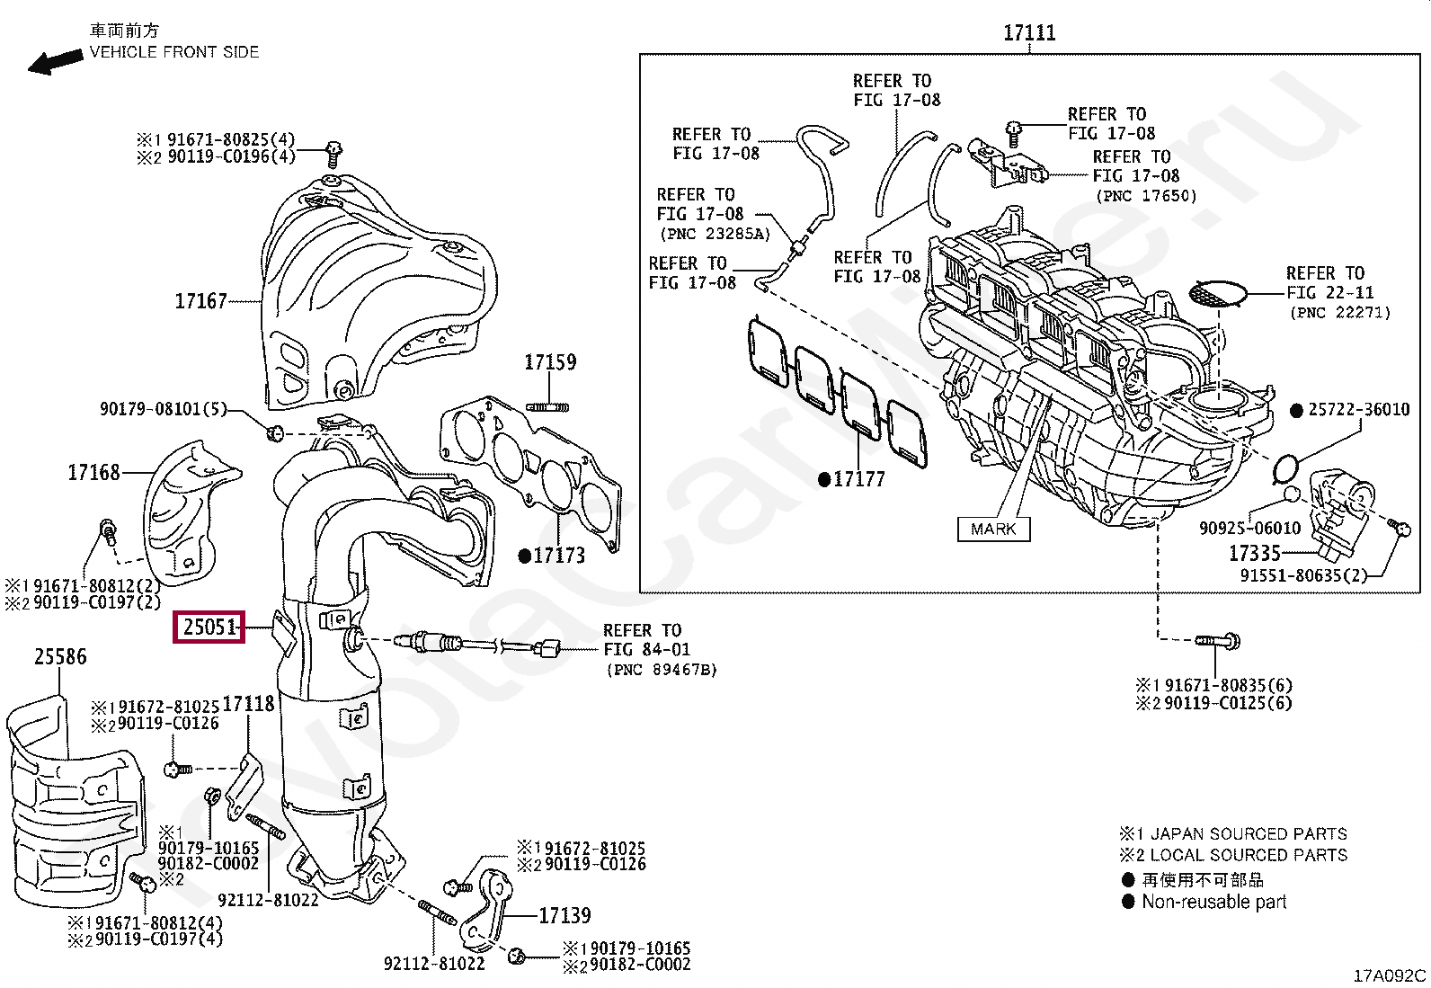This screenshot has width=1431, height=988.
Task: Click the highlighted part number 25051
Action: point(209,627)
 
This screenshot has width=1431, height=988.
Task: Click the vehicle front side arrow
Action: point(54,62)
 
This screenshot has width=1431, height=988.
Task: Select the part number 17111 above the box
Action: point(1029,33)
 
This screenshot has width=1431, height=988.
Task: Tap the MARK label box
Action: point(993,530)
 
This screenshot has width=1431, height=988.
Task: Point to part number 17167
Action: point(200,301)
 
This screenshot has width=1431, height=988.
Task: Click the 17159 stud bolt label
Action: point(550,362)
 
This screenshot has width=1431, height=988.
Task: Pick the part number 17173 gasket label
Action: point(558,556)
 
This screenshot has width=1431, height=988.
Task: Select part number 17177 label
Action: point(858,479)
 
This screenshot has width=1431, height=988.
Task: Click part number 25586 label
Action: point(60,657)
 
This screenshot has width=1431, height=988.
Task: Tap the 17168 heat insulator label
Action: point(93,472)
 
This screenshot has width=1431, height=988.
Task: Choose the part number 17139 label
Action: point(564,916)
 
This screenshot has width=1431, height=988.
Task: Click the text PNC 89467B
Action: point(662,670)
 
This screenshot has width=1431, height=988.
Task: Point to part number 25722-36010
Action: point(1358,410)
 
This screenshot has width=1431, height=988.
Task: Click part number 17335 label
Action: point(1254,554)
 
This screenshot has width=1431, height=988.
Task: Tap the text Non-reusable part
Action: point(1213,902)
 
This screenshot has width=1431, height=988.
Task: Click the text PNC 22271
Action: point(1340,313)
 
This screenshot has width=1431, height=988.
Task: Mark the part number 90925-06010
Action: point(1249,529)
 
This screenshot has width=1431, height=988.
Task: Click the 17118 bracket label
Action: point(248,704)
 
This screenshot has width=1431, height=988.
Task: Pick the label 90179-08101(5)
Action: point(163,410)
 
